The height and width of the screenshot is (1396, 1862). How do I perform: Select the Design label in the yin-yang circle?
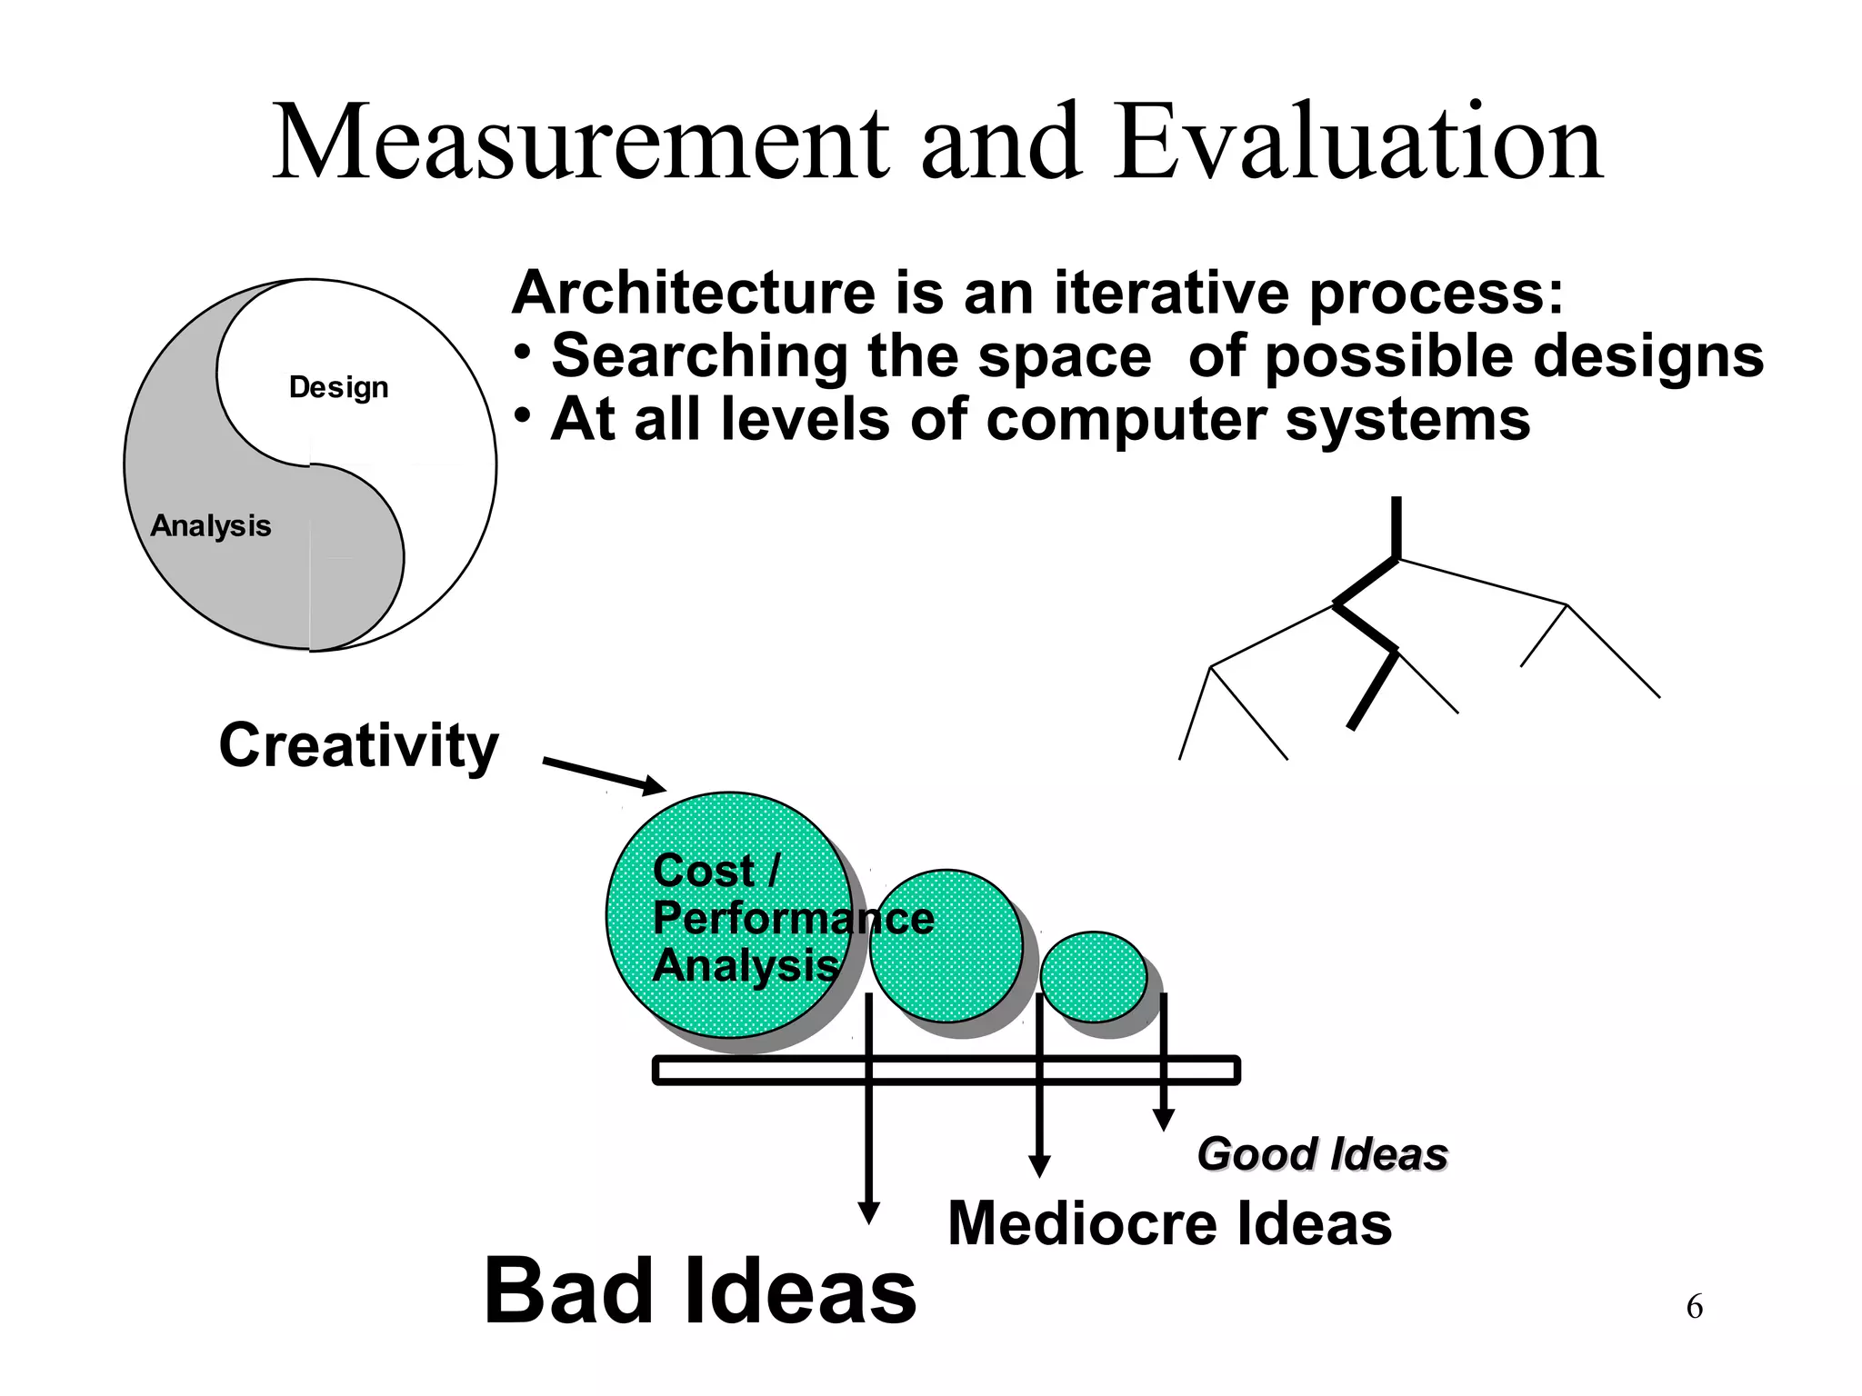[x=338, y=388]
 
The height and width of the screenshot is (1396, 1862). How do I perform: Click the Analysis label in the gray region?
[x=211, y=526]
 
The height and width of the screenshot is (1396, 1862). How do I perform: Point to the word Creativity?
[x=358, y=745]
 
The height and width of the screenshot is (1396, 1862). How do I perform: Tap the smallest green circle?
[x=1094, y=976]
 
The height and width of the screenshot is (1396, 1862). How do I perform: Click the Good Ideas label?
[x=1322, y=1154]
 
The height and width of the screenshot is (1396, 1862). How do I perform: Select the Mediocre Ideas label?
[x=1169, y=1223]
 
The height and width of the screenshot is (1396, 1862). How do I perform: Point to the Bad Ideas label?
[x=700, y=1291]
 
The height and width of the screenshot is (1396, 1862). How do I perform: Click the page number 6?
[x=1694, y=1307]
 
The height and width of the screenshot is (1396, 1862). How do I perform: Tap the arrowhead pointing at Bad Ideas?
[x=869, y=1213]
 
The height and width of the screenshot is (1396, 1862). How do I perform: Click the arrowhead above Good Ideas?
[x=1163, y=1121]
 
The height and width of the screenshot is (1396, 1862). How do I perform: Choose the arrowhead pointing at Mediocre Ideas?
[x=1039, y=1167]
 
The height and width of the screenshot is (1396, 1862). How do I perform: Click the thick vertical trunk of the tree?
[x=1396, y=527]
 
